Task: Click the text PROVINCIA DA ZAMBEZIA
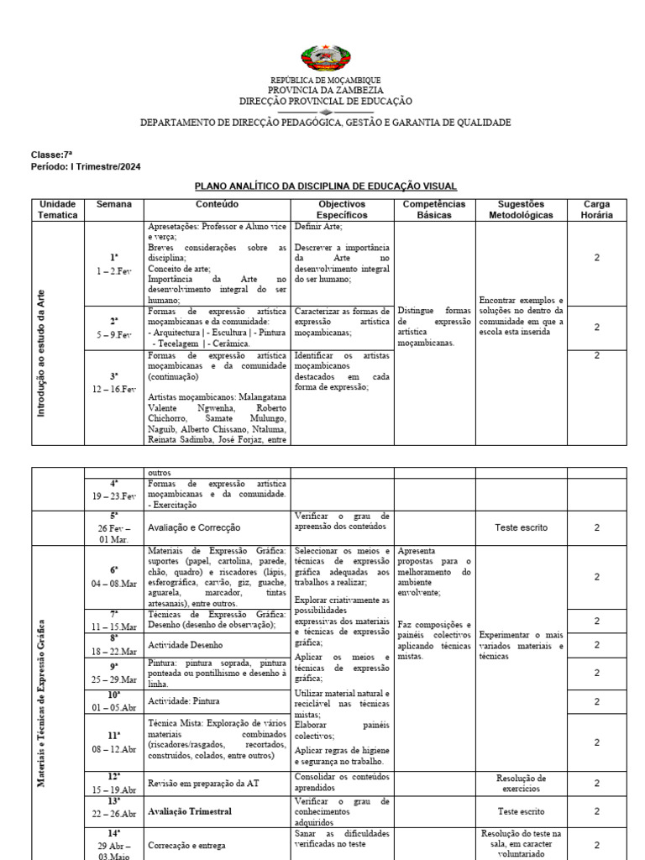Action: pos(326,90)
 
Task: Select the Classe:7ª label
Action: pos(47,155)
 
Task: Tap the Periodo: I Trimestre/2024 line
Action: pos(86,166)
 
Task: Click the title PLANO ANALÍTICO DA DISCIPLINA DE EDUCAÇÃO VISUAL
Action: pos(326,186)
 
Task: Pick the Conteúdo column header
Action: pos(218,204)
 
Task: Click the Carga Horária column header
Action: pos(596,209)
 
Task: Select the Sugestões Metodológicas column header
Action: pos(521,209)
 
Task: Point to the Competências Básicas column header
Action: pos(433,209)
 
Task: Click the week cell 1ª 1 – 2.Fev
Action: pos(114,264)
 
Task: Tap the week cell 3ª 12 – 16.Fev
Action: pos(114,383)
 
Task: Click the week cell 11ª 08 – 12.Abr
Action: pos(114,742)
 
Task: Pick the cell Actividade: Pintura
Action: pos(183,700)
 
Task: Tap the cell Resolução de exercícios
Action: pos(521,784)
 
